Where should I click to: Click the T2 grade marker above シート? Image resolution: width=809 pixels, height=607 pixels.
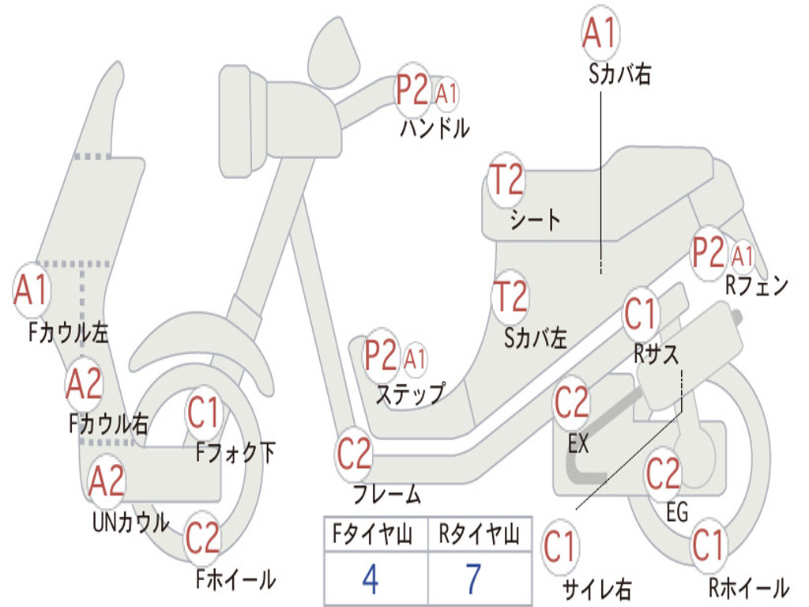point(506,181)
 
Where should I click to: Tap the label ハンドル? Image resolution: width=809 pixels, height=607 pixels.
point(434,128)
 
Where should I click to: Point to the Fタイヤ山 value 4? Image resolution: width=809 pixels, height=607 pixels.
point(370,579)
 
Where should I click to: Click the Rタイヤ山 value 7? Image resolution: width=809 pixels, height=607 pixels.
point(473,579)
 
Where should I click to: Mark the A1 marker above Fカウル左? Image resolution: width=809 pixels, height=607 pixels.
point(32,291)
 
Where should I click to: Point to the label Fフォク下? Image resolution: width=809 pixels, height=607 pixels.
point(235,453)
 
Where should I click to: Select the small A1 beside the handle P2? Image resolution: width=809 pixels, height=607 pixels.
point(446,93)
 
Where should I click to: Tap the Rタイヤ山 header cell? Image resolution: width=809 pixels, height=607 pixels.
point(479,537)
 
